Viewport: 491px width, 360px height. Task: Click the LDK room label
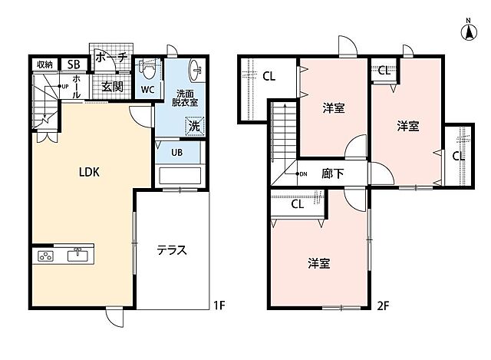89,172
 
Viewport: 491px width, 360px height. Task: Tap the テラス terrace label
172,250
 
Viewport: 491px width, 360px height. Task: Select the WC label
147,90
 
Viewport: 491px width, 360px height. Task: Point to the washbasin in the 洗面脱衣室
196,70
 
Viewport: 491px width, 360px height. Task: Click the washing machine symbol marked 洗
194,126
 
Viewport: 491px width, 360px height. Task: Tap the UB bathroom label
177,153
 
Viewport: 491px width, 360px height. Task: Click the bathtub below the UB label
180,176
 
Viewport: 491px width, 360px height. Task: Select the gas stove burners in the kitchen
46,256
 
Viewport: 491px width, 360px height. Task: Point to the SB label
74,64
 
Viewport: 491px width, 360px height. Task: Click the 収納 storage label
44,64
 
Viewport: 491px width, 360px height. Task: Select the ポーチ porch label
112,58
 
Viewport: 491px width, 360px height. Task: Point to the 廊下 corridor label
333,173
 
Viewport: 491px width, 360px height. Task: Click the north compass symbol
469,30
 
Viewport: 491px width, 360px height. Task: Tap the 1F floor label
219,305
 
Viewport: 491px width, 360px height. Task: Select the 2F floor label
383,306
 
